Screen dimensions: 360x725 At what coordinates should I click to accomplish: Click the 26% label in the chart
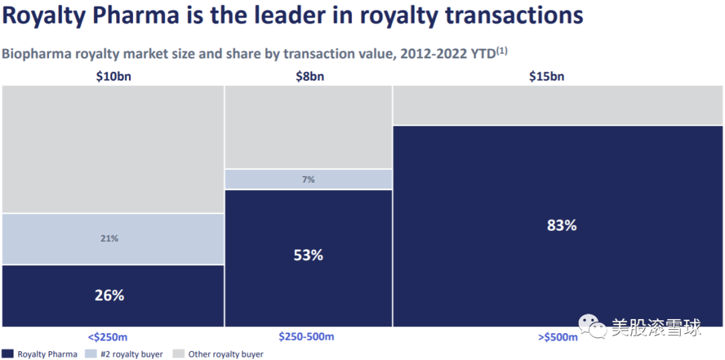pyautogui.click(x=109, y=295)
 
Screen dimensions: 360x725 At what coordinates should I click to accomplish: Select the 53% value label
pyautogui.click(x=308, y=255)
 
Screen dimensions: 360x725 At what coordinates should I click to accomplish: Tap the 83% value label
pyautogui.click(x=561, y=226)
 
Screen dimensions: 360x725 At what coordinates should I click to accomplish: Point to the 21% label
pyautogui.click(x=109, y=238)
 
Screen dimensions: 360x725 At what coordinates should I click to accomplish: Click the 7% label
pyautogui.click(x=308, y=179)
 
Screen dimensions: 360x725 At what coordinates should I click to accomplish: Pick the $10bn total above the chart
pyautogui.click(x=113, y=76)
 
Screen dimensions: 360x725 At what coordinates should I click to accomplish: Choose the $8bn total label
pyautogui.click(x=309, y=76)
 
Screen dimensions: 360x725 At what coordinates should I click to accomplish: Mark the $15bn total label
pyautogui.click(x=546, y=76)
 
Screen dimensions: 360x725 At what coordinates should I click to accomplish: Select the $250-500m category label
pyautogui.click(x=306, y=336)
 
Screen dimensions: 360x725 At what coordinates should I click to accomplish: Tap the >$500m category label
pyautogui.click(x=557, y=337)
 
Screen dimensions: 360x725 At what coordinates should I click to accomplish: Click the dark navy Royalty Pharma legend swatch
pyautogui.click(x=8, y=353)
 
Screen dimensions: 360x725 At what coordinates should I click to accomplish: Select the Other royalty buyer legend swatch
pyautogui.click(x=179, y=353)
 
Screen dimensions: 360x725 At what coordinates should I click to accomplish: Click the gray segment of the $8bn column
pyautogui.click(x=308, y=127)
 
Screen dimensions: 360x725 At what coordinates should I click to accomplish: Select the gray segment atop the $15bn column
pyautogui.click(x=559, y=105)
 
